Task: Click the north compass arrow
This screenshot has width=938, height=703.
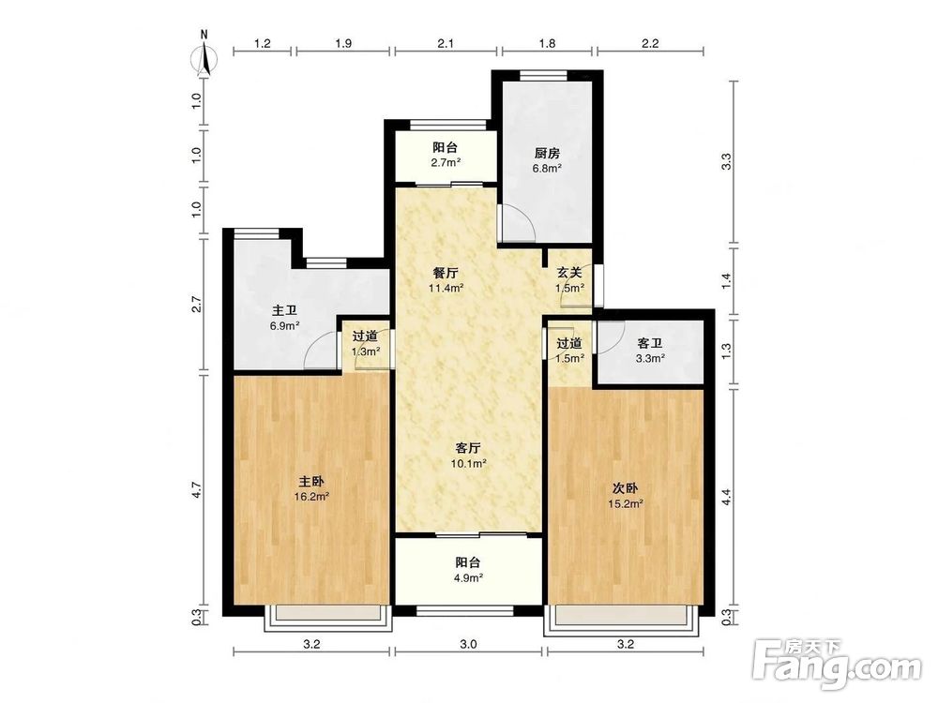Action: click(x=205, y=58)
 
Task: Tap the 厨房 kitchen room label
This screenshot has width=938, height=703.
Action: click(x=548, y=153)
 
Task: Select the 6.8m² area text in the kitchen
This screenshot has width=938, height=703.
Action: click(x=548, y=169)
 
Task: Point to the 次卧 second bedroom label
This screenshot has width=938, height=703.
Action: click(x=625, y=488)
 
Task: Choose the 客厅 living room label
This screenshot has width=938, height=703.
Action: click(x=468, y=448)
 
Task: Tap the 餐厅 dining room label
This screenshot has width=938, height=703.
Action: click(x=446, y=273)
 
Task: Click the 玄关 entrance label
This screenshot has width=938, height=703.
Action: click(x=569, y=273)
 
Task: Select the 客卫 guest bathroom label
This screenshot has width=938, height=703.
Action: click(x=650, y=344)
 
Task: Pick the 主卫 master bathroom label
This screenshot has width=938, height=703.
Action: click(x=284, y=311)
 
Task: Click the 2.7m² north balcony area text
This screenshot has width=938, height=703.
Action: click(x=446, y=162)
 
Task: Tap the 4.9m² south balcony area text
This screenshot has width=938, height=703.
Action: click(x=468, y=578)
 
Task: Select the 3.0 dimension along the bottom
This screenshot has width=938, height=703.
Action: click(x=468, y=645)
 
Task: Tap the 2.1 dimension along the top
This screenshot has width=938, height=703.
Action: click(x=446, y=43)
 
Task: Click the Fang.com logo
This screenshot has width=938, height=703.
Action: click(x=837, y=663)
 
